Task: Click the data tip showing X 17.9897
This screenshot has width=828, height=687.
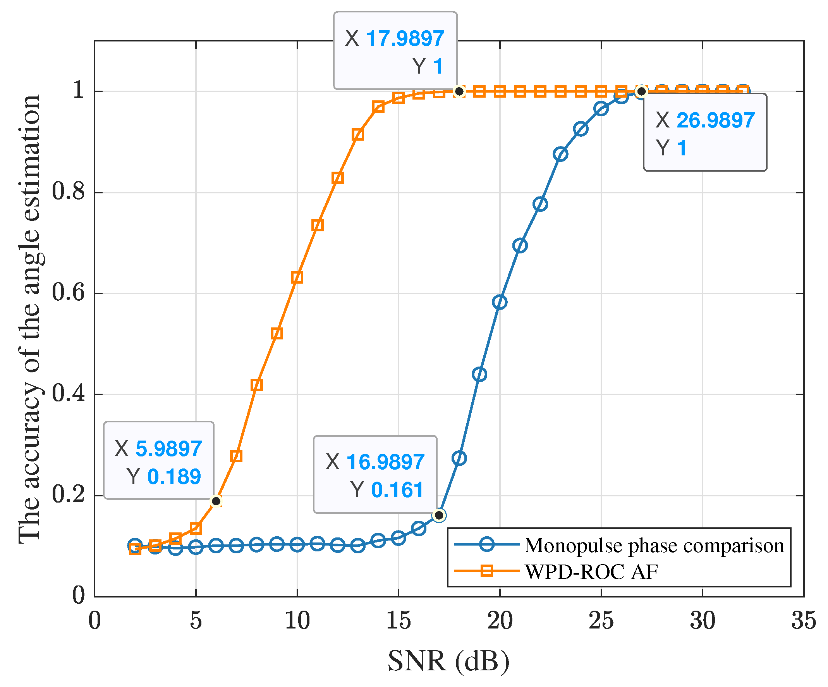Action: point(395,50)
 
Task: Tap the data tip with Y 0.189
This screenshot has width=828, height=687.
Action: point(158,460)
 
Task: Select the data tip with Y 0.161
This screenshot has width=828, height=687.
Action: point(375,475)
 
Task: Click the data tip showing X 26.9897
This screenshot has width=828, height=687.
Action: point(705,132)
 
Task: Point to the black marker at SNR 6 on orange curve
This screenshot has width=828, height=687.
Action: point(216,501)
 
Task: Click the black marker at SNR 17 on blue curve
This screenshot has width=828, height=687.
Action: point(439,515)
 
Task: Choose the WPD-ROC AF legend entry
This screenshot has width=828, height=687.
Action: point(591,572)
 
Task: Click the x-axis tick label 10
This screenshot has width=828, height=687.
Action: point(297,620)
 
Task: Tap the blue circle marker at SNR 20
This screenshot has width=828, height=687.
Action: point(500,302)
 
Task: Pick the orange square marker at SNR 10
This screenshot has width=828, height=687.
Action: point(297,277)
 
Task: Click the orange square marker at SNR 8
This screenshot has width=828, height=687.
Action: point(257,385)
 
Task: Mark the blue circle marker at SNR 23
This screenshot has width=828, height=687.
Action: point(561,154)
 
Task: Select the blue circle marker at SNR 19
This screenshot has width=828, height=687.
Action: point(479,374)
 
